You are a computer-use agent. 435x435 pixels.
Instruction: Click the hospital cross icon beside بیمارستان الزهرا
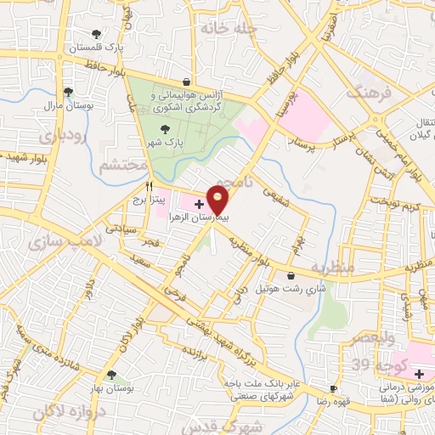pyautogui.click(x=199, y=204)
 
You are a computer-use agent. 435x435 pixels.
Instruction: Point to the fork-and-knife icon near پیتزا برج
pyautogui.click(x=150, y=184)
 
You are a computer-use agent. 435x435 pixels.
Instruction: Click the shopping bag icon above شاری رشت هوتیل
pyautogui.click(x=292, y=276)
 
